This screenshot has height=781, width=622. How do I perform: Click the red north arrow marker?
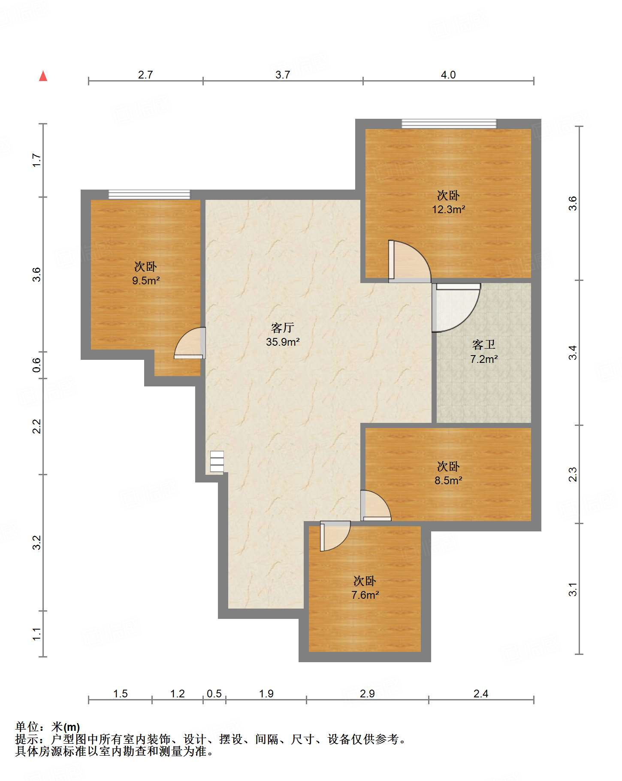[x=43, y=76]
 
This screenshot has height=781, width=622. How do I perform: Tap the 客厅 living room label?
[x=282, y=328]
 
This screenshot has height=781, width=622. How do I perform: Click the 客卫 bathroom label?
[x=483, y=345]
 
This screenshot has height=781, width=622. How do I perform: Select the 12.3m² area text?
[x=448, y=210]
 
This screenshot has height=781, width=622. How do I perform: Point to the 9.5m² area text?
[x=146, y=281]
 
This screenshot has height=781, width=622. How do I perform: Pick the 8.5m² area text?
[x=448, y=481]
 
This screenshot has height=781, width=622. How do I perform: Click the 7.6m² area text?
[x=365, y=595]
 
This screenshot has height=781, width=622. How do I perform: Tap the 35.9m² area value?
[x=283, y=342]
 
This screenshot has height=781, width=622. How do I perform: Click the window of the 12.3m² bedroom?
[x=449, y=124]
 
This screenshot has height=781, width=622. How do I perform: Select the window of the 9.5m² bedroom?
[x=149, y=195]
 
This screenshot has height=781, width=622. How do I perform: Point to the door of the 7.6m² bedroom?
[x=335, y=536]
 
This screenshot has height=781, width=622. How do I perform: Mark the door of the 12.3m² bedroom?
[x=410, y=261]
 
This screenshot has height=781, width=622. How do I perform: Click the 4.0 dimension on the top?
[x=448, y=75]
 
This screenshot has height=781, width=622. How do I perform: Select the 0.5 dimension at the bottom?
[x=214, y=694]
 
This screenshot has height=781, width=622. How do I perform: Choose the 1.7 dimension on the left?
[x=37, y=160]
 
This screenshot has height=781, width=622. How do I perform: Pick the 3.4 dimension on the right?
[x=573, y=353]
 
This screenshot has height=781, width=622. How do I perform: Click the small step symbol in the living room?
[x=217, y=462]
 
